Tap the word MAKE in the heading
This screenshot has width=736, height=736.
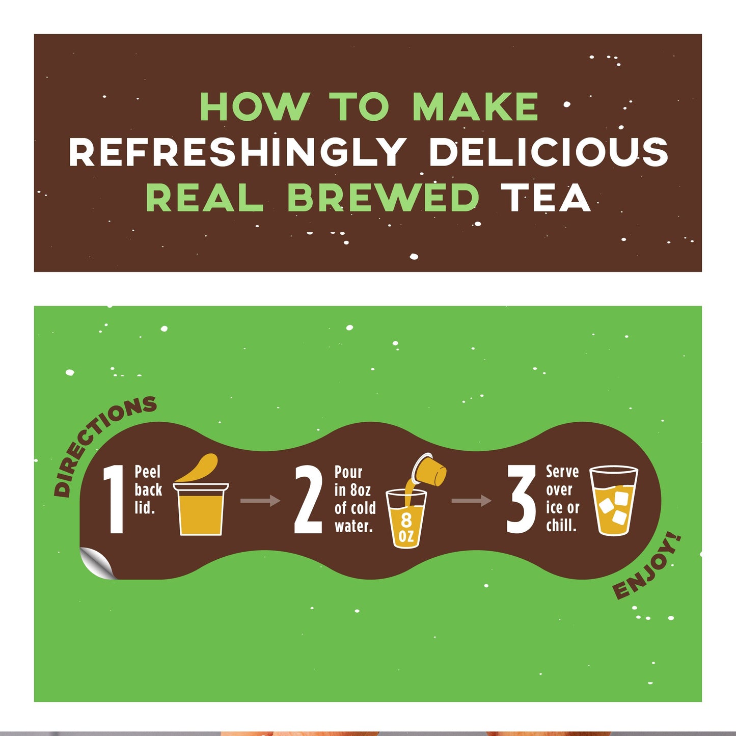click(475, 107)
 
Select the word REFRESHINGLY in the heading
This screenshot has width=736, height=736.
click(237, 152)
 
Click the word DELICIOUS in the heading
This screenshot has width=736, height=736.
click(548, 152)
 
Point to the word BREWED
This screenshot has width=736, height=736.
click(383, 198)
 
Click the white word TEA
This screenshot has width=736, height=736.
click(545, 198)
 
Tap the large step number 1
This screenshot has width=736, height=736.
click(114, 500)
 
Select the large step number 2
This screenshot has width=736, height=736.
click(309, 500)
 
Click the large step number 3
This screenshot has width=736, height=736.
click(521, 500)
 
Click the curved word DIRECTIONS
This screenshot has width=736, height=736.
click(101, 443)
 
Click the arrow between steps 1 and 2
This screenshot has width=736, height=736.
click(260, 501)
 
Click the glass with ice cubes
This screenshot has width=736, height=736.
click(613, 501)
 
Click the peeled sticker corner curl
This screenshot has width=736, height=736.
click(97, 563)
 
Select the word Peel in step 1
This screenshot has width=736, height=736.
click(147, 472)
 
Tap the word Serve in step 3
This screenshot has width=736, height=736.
click(562, 472)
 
